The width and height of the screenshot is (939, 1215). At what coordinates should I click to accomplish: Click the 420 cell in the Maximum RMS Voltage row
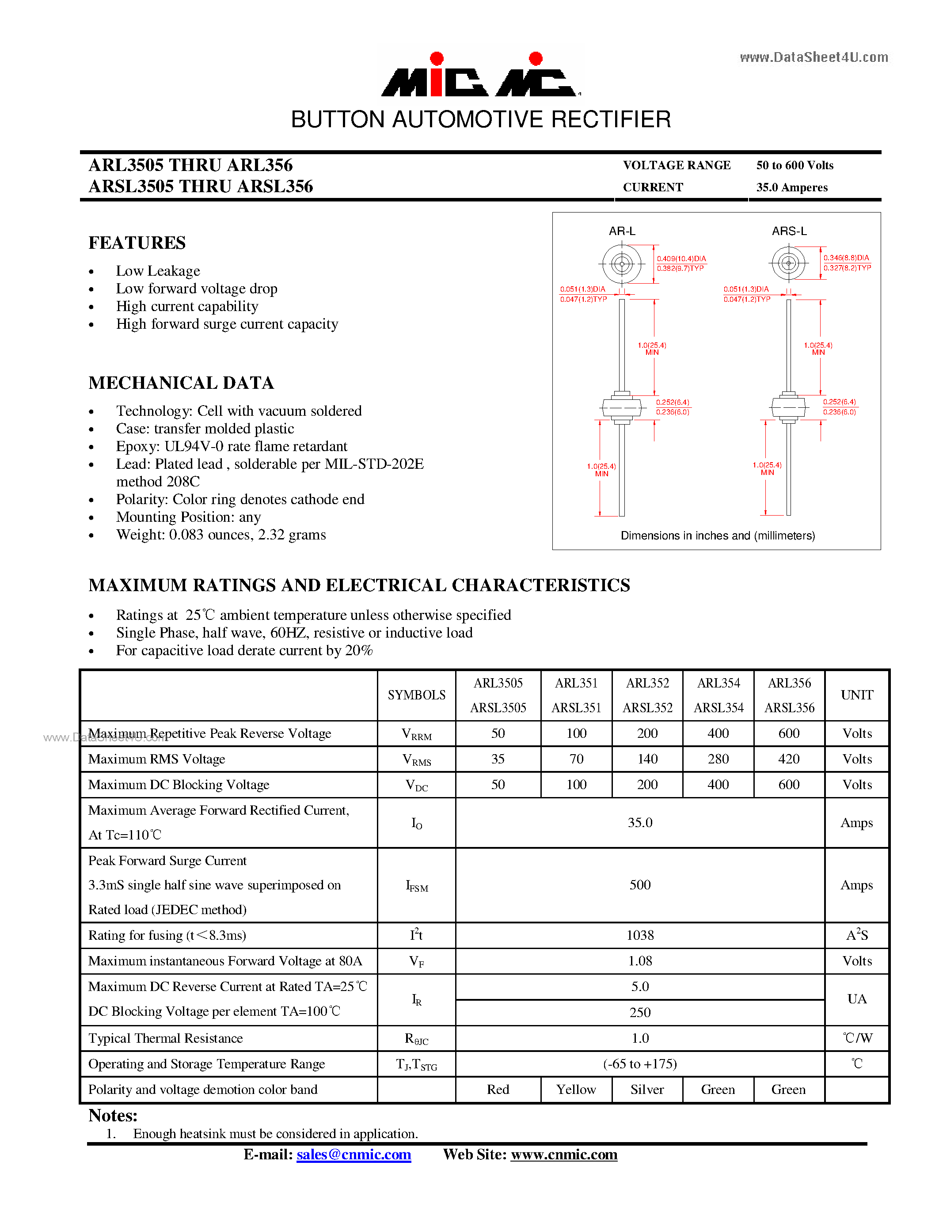(x=789, y=759)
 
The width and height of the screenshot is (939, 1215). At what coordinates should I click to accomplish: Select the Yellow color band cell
(x=576, y=1089)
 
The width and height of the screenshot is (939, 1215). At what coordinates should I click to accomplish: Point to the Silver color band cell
(x=647, y=1089)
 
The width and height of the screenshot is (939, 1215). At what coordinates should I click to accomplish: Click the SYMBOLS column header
(x=416, y=695)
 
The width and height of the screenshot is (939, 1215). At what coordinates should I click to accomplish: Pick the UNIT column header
(x=857, y=695)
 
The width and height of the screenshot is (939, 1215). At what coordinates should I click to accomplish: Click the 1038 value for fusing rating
(x=640, y=935)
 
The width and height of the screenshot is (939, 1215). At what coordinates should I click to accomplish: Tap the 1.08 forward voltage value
(x=640, y=961)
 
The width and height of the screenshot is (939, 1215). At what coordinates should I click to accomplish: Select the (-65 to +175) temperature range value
(x=640, y=1064)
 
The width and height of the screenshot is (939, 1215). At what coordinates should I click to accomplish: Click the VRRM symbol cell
(x=416, y=734)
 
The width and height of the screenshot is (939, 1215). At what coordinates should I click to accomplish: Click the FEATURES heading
(x=137, y=243)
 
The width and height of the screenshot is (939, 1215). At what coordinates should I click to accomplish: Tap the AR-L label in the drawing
(x=621, y=231)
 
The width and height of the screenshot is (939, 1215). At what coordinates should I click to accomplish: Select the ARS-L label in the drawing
(x=789, y=231)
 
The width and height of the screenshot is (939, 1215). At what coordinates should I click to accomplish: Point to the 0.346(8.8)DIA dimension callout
(x=846, y=258)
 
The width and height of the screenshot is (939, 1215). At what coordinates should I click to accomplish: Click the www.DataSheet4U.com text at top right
(x=813, y=57)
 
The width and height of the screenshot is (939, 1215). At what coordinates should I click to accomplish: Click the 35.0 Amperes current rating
(x=791, y=187)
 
